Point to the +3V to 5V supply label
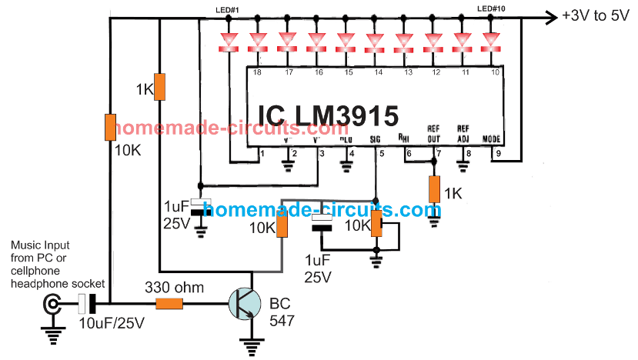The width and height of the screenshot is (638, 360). click(598, 15)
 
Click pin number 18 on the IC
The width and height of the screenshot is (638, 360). click(257, 72)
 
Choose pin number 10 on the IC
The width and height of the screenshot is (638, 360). click(493, 72)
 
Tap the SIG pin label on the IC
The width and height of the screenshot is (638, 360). click(376, 140)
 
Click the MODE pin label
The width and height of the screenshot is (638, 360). click(492, 139)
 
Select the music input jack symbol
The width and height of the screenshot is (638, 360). click(52, 306)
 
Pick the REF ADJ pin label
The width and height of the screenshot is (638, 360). click(463, 132)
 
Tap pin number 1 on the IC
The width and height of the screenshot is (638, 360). click(262, 153)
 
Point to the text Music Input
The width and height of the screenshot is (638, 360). click(38, 246)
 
